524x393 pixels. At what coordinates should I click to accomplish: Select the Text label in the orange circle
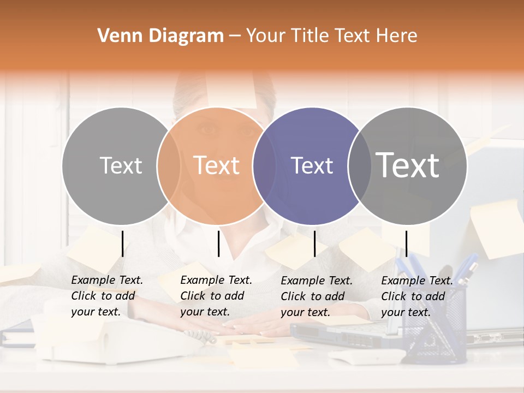click(x=217, y=165)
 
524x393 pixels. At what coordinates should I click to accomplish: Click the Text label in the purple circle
click(x=312, y=165)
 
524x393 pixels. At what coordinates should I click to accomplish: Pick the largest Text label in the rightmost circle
click(x=408, y=165)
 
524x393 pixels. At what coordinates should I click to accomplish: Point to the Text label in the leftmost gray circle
click(x=121, y=165)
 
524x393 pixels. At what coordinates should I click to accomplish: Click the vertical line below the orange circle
click(x=218, y=243)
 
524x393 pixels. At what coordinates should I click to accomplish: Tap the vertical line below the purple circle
click(x=314, y=243)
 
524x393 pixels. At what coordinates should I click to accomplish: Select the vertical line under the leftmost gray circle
click(x=122, y=243)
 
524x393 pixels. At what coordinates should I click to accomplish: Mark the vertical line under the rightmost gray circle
click(x=406, y=243)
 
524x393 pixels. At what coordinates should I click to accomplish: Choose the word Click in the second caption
click(x=193, y=296)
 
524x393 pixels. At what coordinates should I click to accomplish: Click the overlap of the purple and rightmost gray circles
click(x=358, y=165)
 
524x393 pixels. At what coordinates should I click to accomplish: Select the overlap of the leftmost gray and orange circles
click(x=169, y=165)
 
